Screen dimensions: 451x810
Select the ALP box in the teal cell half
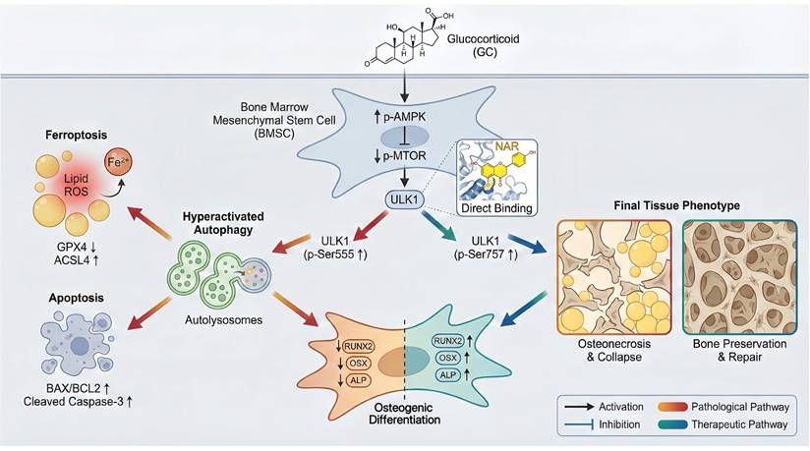pyautogui.click(x=448, y=373)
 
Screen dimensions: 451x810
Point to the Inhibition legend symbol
pyautogui.click(x=576, y=424)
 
